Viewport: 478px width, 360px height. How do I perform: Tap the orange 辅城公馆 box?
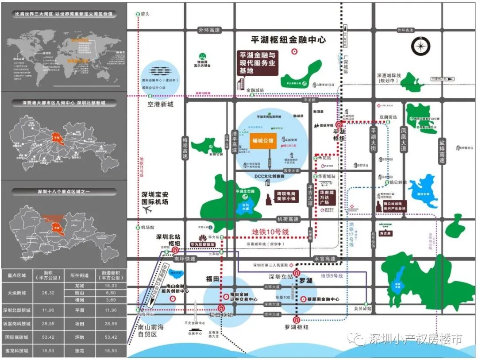[263, 141]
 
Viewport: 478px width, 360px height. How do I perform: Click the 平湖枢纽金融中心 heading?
[288, 39]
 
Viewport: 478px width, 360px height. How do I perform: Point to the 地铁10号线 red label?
[270, 232]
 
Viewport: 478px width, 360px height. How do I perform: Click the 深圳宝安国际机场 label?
[155, 201]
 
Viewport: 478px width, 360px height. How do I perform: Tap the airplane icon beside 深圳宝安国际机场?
[148, 210]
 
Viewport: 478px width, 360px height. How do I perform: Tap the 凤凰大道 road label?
[403, 140]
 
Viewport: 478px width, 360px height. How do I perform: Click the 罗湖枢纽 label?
[297, 327]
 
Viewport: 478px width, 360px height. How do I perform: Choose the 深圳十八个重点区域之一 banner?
[64, 192]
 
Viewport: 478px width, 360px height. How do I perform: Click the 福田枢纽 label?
[221, 315]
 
